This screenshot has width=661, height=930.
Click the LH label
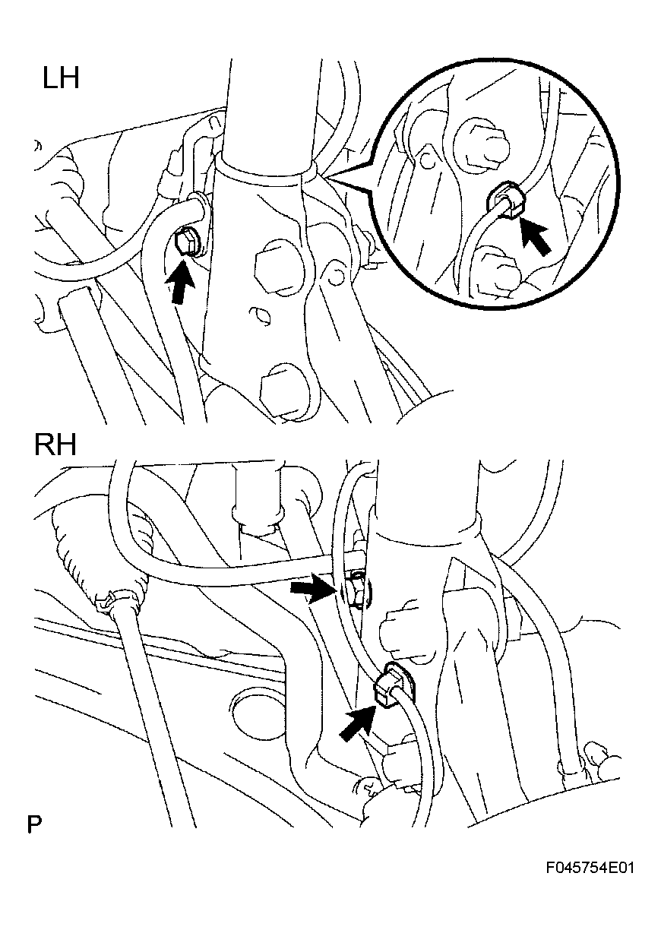[61, 79]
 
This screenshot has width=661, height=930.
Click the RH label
[55, 445]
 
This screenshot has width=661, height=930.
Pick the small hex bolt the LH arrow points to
[186, 242]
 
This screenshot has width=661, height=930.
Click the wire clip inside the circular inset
[506, 201]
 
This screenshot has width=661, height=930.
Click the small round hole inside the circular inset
[425, 158]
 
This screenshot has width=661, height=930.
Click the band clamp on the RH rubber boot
[118, 603]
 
